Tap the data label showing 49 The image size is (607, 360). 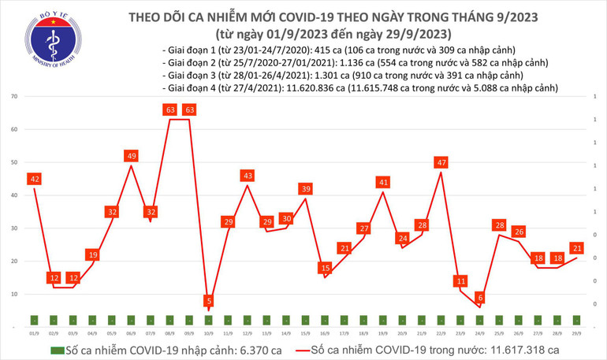coord(132,156)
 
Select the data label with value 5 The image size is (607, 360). coord(208,300)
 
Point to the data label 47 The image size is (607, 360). coord(441,163)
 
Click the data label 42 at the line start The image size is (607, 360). coord(34,180)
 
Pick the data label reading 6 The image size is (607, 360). coord(480,297)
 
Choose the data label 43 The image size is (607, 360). coord(248,176)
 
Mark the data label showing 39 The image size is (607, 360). coord(306,189)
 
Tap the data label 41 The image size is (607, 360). coord(383,182)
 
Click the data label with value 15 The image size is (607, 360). coord(325,268)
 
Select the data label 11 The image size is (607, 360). coord(460,280)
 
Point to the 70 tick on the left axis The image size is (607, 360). coord(15,96)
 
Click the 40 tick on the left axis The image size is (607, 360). coord(15,195)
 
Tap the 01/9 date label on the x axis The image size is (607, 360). coord(34,332)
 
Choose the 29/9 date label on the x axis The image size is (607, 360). coord(577,332)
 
